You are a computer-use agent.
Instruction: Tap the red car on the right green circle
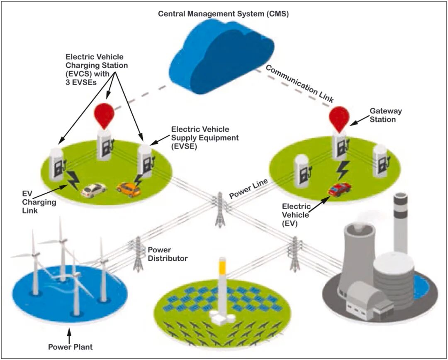pyautogui.click(x=339, y=189)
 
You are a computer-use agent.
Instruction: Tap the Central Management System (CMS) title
pyautogui.click(x=223, y=14)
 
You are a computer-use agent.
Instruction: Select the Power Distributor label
pyautogui.click(x=168, y=255)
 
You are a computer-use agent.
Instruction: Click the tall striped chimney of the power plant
pyautogui.click(x=401, y=224)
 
